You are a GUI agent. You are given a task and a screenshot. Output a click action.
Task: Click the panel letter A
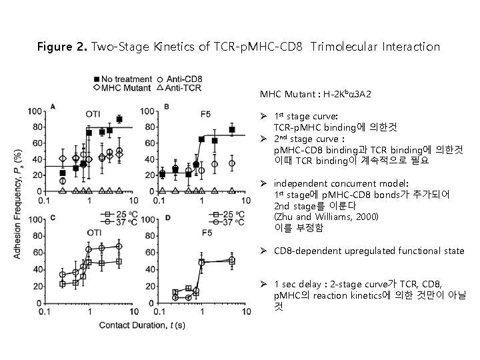click(x=53, y=107)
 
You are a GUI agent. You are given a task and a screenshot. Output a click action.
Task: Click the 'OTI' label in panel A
click(x=93, y=113)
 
